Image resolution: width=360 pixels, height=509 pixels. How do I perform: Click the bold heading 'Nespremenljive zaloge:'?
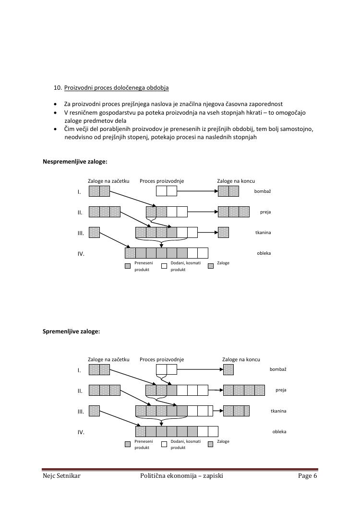[x=75, y=162]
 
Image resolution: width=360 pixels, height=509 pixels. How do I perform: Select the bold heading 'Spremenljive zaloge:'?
[x=72, y=331]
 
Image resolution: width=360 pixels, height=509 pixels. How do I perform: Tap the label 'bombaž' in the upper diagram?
[x=263, y=191]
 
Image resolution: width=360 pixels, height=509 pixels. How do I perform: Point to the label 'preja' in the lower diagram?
[x=281, y=390]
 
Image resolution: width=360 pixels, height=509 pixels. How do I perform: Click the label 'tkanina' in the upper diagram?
[x=263, y=233]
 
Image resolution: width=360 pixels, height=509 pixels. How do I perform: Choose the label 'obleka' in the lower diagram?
[x=279, y=431]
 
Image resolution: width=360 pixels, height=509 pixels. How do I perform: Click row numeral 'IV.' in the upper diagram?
[x=81, y=254]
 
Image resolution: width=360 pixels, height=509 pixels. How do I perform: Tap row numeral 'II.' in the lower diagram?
[x=80, y=391]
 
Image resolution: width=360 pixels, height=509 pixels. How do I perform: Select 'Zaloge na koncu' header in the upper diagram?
[x=236, y=181]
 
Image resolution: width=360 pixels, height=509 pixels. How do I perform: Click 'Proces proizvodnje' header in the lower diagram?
[x=162, y=359]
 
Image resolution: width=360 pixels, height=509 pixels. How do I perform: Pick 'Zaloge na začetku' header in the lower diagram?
[x=108, y=359]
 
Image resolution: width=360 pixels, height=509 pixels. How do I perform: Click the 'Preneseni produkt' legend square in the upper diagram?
[x=128, y=265]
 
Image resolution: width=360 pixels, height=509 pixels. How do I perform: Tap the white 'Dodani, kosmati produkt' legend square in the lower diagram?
[x=164, y=444]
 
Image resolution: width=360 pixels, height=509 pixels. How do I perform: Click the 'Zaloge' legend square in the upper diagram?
[x=210, y=265]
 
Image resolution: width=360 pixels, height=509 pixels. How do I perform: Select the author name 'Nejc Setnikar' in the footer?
[x=61, y=476]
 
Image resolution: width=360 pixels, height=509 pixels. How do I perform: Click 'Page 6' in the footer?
[x=307, y=476]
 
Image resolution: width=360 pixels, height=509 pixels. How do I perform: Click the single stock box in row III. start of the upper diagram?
[x=94, y=233]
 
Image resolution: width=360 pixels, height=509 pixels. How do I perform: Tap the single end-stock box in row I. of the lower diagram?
[x=228, y=369]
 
